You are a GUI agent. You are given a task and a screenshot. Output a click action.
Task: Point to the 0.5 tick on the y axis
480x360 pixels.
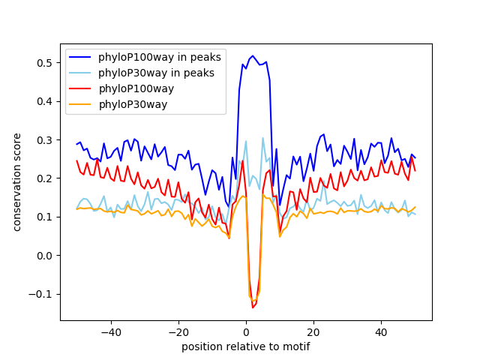(x=46, y=62)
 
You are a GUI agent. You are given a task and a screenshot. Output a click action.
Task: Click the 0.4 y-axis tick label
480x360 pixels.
(x=46, y=101)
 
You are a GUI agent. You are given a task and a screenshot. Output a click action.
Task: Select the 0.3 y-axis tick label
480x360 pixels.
(x=46, y=139)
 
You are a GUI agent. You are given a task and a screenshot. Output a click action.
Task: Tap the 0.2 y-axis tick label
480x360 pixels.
(x=46, y=178)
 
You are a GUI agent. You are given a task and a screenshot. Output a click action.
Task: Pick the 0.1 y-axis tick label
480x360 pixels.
(x=46, y=217)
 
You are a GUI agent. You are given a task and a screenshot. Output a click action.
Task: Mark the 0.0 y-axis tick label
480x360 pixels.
(x=46, y=256)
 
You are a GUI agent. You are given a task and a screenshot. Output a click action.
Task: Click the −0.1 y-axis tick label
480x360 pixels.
(x=43, y=294)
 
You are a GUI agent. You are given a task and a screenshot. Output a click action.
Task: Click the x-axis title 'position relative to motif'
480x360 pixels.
(x=245, y=346)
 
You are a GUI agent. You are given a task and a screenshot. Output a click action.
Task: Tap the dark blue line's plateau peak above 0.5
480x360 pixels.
(x=253, y=56)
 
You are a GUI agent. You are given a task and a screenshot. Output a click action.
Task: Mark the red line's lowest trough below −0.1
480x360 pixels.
(x=253, y=307)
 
